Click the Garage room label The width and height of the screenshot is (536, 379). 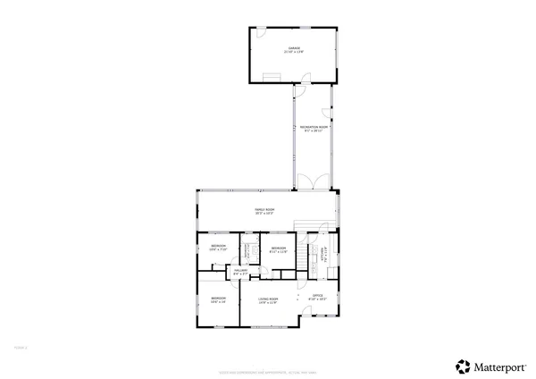(294, 47)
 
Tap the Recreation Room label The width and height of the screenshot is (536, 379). (312, 128)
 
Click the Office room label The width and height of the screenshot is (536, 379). (317, 295)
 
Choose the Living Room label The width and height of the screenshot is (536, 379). (268, 299)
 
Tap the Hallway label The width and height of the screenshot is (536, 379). (240, 270)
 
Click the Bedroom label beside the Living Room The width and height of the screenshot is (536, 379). (218, 299)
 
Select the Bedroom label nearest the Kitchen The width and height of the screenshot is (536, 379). (278, 247)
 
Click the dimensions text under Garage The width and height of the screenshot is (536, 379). (294, 52)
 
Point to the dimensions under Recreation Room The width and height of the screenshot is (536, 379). (312, 132)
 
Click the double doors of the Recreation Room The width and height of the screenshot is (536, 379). (312, 183)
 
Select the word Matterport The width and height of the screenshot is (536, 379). (499, 366)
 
